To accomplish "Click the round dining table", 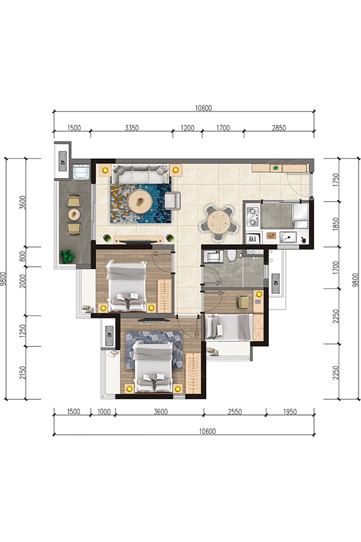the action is click(x=218, y=223).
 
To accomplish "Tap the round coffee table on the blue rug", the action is click(x=140, y=201).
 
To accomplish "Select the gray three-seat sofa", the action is click(x=141, y=174).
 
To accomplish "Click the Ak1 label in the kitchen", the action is click(x=253, y=238).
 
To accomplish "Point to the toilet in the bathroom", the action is click(x=232, y=255).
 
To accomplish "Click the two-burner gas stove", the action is click(x=253, y=216).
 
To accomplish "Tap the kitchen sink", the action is click(x=288, y=237).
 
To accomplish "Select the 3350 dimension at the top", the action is click(x=132, y=128).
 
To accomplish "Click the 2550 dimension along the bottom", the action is click(x=235, y=412).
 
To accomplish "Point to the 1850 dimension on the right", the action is click(x=336, y=224).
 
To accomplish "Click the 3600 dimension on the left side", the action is click(x=23, y=202).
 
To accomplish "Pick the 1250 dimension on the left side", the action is click(x=23, y=331).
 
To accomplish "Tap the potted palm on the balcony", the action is click(x=67, y=257).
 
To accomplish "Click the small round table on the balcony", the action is click(x=74, y=214).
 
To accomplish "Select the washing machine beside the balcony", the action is click(x=82, y=172).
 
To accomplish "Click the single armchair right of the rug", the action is click(x=173, y=201).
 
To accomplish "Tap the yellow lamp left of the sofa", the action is click(x=105, y=170).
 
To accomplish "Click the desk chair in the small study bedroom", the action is click(x=243, y=302).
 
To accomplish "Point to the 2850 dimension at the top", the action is click(x=279, y=128).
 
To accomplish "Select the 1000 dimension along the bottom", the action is click(x=103, y=412).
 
